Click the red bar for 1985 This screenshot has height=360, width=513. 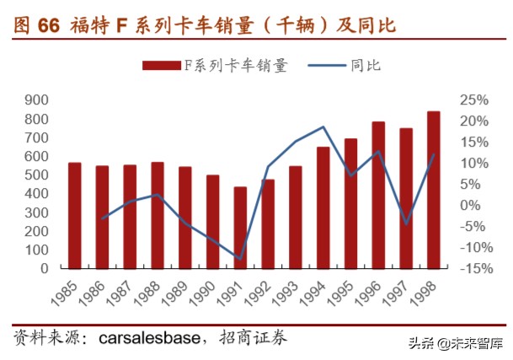(75, 215)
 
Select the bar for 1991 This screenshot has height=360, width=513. (240, 228)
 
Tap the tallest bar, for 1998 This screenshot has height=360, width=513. (433, 190)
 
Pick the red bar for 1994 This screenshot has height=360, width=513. (323, 207)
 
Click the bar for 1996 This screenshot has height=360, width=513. (378, 195)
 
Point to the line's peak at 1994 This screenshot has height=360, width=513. (323, 127)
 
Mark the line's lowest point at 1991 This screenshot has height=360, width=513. (240, 259)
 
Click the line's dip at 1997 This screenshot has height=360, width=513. (406, 224)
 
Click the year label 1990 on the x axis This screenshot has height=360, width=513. (207, 292)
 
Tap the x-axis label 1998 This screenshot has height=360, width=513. (428, 292)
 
